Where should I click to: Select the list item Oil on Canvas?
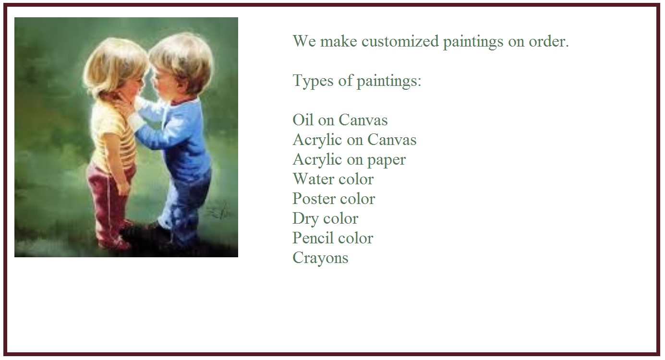click(340, 120)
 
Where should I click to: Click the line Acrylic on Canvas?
click(354, 140)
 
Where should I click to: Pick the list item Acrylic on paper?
click(349, 159)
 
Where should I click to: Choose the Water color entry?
click(333, 179)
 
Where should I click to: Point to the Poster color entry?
click(334, 199)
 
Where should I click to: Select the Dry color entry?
click(325, 218)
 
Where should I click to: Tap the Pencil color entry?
click(333, 238)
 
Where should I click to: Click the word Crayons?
click(320, 258)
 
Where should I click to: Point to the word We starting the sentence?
click(304, 42)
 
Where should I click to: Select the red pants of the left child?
click(108, 192)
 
